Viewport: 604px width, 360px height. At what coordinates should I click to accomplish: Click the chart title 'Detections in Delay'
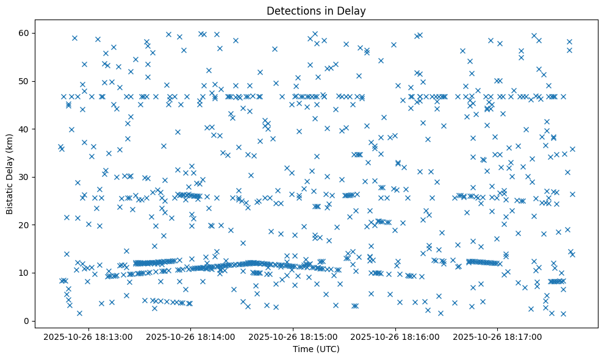[x=316, y=10]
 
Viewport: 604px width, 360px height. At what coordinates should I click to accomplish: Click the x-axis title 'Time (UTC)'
[x=316, y=349]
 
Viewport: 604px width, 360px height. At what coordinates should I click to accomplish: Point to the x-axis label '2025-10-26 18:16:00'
[x=396, y=336]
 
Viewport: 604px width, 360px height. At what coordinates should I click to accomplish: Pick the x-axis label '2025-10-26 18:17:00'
[x=498, y=336]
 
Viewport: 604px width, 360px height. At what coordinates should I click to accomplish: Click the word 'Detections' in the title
[x=290, y=10]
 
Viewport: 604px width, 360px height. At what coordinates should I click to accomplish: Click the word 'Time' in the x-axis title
[x=303, y=349]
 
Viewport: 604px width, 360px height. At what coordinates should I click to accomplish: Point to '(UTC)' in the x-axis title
[x=327, y=349]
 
